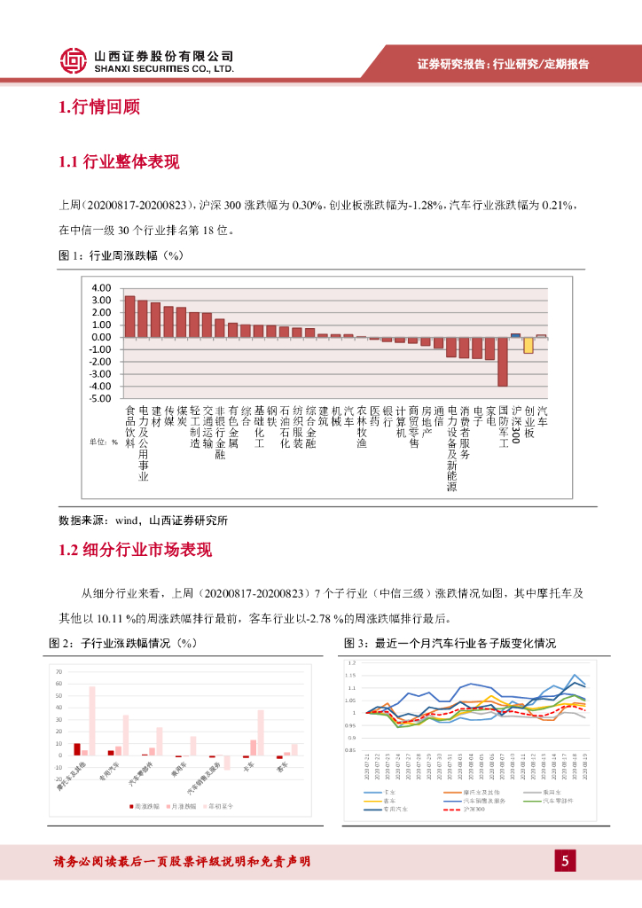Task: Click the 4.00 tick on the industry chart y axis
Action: tap(100, 288)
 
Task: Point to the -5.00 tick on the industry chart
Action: tap(98, 398)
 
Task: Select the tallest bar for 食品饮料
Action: tap(129, 317)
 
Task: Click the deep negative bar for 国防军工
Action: tap(502, 361)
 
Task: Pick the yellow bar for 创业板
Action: tap(528, 345)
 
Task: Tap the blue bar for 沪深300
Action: tap(515, 335)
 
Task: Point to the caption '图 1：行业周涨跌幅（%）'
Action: tap(120, 255)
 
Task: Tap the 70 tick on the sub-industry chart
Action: tap(59, 672)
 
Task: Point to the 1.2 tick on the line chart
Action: tap(351, 663)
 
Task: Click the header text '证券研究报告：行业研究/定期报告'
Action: tap(503, 64)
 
